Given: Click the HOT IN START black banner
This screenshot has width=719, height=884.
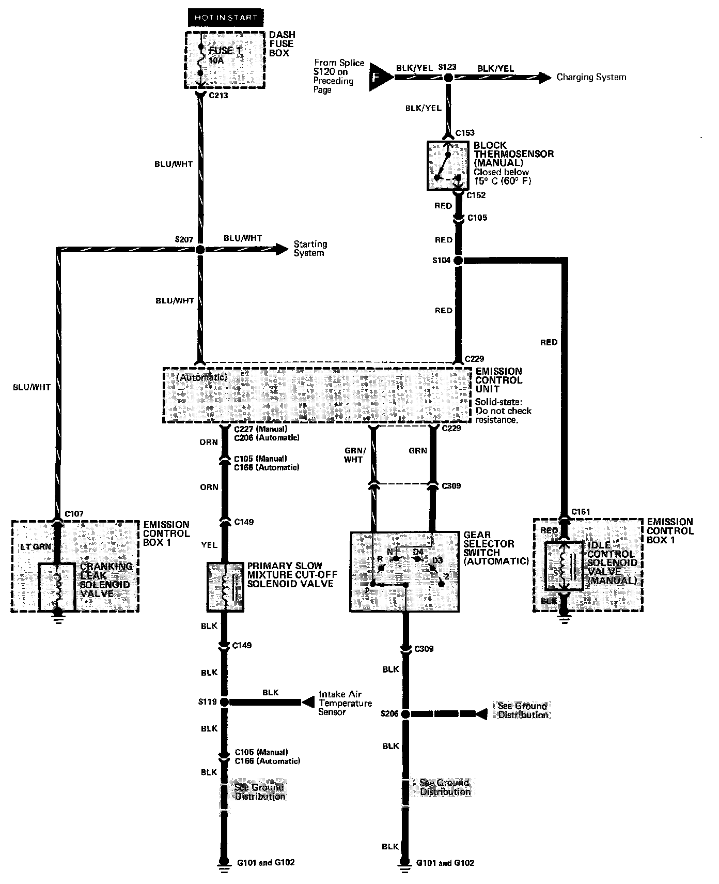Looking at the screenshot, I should (x=226, y=18).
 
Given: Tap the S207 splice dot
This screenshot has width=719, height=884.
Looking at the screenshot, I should (x=200, y=249).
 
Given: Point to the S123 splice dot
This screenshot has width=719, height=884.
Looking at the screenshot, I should (x=448, y=78).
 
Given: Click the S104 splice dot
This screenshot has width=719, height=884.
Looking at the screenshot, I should (x=458, y=261).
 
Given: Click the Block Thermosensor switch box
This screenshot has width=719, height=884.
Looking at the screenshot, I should (x=447, y=165).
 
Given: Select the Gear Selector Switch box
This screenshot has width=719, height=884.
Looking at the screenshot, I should (x=404, y=571).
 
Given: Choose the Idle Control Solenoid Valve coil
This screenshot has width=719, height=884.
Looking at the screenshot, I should (x=564, y=566).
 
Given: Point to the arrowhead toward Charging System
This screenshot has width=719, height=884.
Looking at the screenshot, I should (x=543, y=78).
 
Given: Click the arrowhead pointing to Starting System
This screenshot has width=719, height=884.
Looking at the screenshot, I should (x=282, y=249).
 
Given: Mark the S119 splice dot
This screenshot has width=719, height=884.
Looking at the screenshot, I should (x=224, y=702).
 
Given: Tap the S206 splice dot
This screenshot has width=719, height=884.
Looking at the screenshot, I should (x=405, y=714).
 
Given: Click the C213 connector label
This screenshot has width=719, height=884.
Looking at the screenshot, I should (x=218, y=96).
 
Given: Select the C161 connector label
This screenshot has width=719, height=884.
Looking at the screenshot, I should (x=581, y=512).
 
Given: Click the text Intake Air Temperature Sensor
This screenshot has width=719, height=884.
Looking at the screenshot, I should (x=345, y=703).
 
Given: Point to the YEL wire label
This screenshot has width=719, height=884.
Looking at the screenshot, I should (x=209, y=545).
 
